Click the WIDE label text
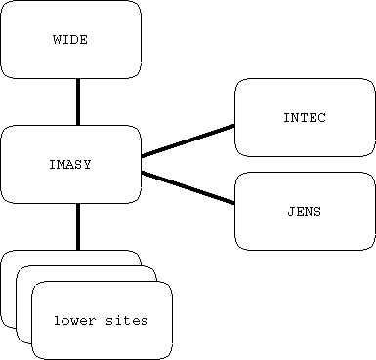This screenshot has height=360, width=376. coord(70,40)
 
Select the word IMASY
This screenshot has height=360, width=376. coord(70,165)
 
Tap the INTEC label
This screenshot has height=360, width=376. coord(305,118)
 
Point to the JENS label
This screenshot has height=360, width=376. coord(305,211)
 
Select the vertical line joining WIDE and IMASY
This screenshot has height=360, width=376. coord(77,101)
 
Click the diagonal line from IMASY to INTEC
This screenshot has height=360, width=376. coord(188,140)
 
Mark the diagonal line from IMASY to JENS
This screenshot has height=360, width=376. coord(188,187)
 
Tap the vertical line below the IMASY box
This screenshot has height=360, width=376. coord(77,226)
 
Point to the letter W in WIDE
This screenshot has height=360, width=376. coord(56,40)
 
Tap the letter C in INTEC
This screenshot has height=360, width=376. coord(321,118)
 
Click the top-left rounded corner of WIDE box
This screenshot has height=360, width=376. coord(5,5)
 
